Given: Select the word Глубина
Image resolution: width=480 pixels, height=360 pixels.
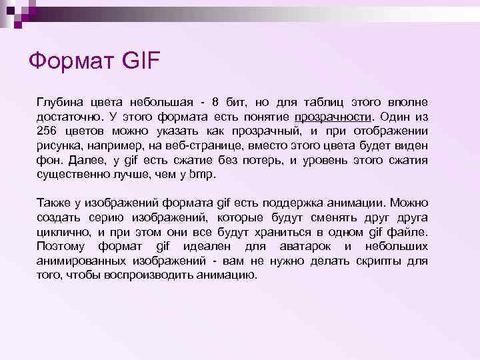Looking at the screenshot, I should point(59,101).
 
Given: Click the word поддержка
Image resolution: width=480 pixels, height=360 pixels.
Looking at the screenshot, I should point(281,203).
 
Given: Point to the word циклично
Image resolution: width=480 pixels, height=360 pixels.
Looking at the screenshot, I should point(62,232).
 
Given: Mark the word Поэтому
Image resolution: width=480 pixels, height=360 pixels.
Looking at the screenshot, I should point(61,247).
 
